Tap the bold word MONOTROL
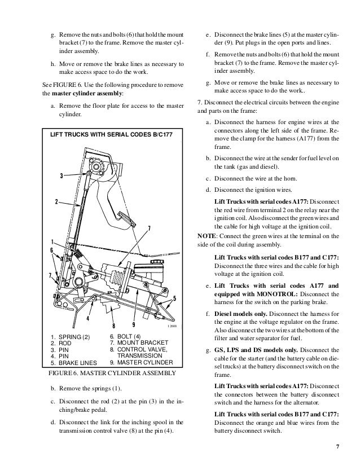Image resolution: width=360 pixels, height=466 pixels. [x=271, y=293]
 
